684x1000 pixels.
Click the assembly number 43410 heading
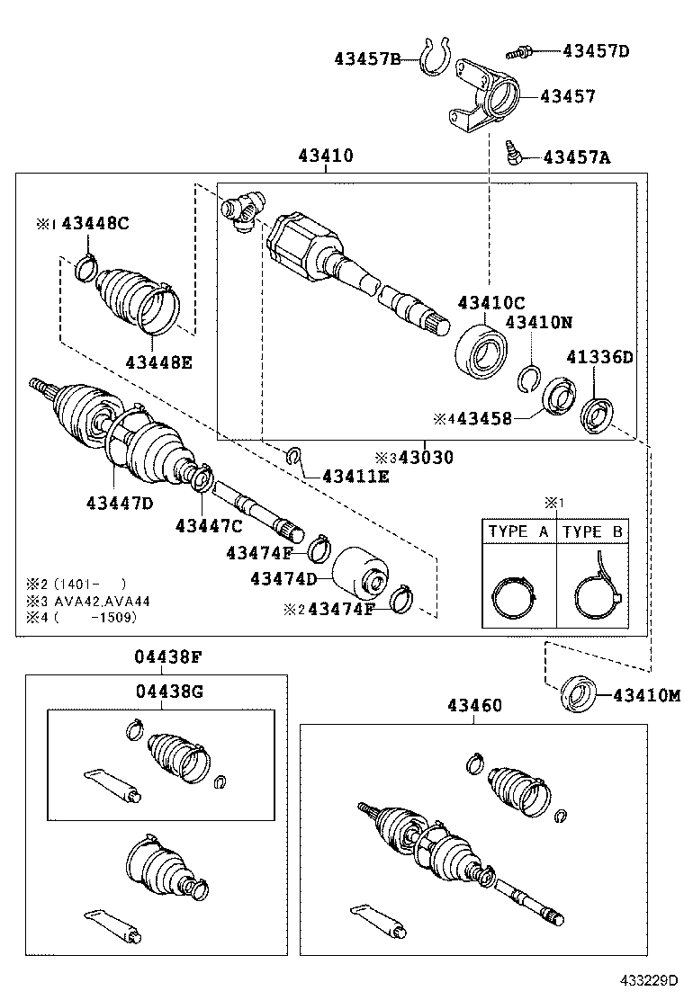[325, 156]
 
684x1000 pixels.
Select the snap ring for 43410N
[530, 378]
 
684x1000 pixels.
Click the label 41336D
[599, 357]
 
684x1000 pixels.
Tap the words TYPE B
[593, 531]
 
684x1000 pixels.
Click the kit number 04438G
[170, 692]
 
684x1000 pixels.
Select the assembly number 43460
[472, 706]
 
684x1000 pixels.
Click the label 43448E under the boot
[159, 362]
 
